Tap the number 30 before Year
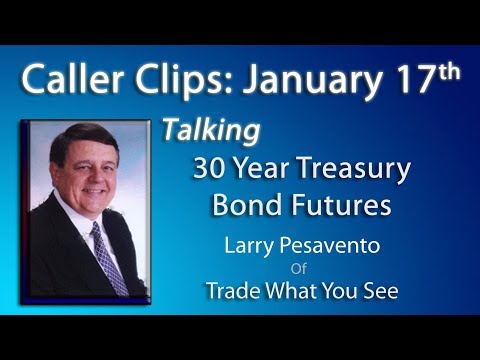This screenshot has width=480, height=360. (210, 168)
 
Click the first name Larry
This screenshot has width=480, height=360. (255, 247)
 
